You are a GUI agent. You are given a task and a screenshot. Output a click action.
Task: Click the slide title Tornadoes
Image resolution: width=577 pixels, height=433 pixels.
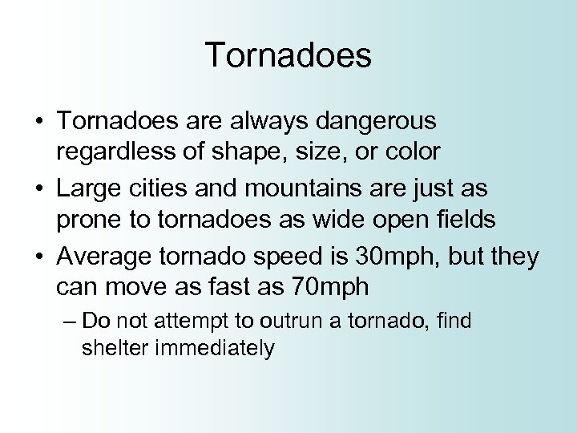coord(288,56)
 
